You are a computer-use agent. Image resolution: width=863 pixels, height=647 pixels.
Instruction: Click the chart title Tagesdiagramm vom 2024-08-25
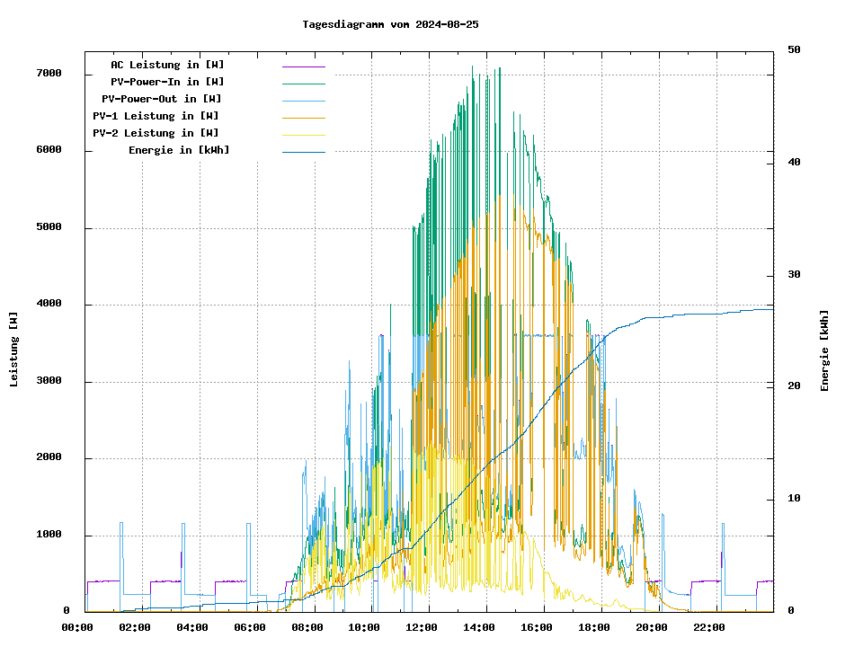391,24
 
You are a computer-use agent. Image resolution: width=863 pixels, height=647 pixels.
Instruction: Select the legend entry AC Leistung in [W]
167,65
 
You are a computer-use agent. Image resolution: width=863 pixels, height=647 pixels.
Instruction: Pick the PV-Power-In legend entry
173,82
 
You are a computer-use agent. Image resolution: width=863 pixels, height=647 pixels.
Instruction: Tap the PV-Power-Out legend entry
162,99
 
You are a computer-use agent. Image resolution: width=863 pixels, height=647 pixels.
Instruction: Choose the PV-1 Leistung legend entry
156,116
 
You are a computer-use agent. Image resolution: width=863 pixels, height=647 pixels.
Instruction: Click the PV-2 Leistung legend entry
156,133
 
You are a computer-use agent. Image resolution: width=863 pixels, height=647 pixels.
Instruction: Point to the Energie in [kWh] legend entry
179,150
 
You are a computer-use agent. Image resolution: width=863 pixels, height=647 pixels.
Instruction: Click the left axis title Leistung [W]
13,350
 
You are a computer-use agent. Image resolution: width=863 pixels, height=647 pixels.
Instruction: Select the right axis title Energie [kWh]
824,350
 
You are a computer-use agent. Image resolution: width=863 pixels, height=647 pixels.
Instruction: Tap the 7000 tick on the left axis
49,74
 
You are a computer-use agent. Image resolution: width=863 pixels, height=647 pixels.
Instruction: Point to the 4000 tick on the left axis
49,305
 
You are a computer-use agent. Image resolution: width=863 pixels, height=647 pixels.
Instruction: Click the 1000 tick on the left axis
49,536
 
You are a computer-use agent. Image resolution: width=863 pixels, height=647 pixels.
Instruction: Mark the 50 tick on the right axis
794,49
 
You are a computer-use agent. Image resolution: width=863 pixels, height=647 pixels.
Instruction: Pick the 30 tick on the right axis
794,275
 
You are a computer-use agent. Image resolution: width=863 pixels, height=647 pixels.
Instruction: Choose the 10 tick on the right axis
794,499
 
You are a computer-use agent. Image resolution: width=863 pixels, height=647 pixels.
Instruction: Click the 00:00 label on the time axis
77,627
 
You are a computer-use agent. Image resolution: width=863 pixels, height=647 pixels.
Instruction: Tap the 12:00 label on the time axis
422,627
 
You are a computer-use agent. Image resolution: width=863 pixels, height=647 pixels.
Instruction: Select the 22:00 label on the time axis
709,627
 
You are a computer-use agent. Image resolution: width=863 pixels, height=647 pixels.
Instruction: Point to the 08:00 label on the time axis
307,627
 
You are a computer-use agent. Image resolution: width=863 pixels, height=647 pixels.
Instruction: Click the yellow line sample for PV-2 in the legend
303,134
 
